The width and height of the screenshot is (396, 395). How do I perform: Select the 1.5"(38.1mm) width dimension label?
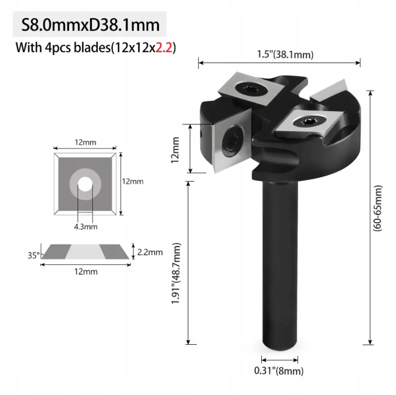point(279,55)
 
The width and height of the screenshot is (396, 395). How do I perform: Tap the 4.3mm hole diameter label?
point(85,226)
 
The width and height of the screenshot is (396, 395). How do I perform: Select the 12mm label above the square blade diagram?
point(85,143)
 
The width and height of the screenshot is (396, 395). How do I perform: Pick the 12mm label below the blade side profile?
point(86,272)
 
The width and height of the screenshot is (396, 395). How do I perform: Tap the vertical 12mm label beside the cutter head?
point(176,149)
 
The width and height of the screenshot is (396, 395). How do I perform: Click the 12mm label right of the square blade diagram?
point(133,182)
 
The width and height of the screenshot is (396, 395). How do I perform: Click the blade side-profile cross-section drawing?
point(86,252)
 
